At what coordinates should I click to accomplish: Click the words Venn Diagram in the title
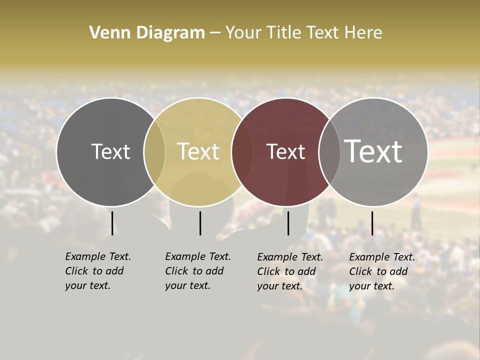[147, 33]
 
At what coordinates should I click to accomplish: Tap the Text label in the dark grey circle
[110, 151]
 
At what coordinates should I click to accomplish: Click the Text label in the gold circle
[198, 151]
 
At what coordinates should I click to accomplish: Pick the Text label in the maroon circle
[286, 151]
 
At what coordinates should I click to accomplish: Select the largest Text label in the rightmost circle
[373, 151]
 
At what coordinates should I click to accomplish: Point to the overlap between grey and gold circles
[154, 152]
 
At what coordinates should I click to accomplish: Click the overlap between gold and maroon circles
[238, 152]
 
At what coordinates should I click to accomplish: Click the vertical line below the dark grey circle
[112, 223]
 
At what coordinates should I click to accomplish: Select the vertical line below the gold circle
[200, 223]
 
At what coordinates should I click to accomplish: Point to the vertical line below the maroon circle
[288, 223]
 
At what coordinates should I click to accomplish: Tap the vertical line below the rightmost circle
[372, 223]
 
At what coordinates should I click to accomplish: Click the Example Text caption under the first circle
[98, 271]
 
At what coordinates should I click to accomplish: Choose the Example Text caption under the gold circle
[198, 271]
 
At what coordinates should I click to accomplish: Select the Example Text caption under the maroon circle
[290, 271]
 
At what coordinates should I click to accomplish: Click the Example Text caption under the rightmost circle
[382, 271]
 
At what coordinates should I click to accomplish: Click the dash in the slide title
[215, 33]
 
